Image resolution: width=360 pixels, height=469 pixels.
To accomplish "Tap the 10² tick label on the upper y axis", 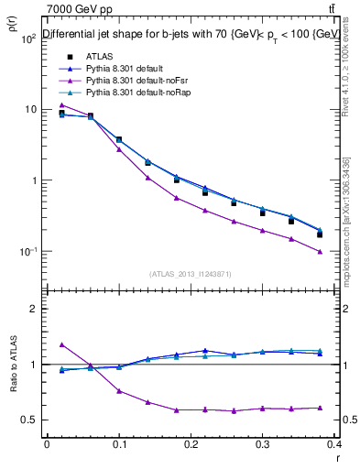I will [28, 38].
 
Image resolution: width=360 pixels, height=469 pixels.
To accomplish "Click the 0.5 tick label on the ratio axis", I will [30, 420].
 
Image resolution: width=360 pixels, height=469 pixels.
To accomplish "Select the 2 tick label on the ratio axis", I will [34, 309].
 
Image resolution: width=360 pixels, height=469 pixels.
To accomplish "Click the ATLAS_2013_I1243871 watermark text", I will [191, 274].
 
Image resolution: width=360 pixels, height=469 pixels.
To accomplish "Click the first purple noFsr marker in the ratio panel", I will [61, 344].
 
